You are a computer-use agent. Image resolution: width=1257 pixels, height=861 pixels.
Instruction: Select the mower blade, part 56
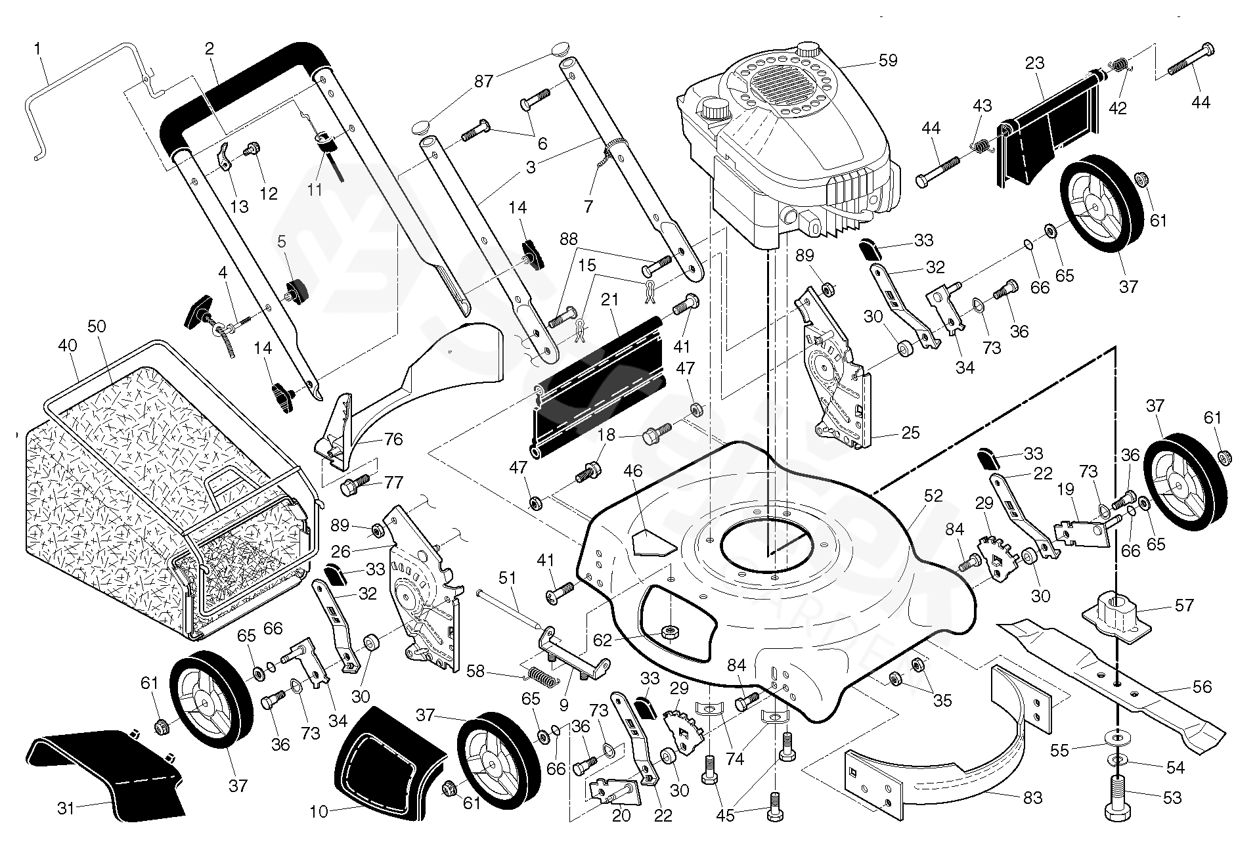pos(1116,683)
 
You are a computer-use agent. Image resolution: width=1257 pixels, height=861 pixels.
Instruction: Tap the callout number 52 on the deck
pos(933,497)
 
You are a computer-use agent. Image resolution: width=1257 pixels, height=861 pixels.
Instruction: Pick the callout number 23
pos(1034,64)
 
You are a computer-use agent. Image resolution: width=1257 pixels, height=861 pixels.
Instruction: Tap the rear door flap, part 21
pos(598,387)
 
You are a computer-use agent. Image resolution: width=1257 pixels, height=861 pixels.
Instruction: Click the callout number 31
pos(66,808)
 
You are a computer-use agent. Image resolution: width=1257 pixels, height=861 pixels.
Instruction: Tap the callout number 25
pos(910,432)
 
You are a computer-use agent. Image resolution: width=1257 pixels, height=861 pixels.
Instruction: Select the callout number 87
pos(484,81)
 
